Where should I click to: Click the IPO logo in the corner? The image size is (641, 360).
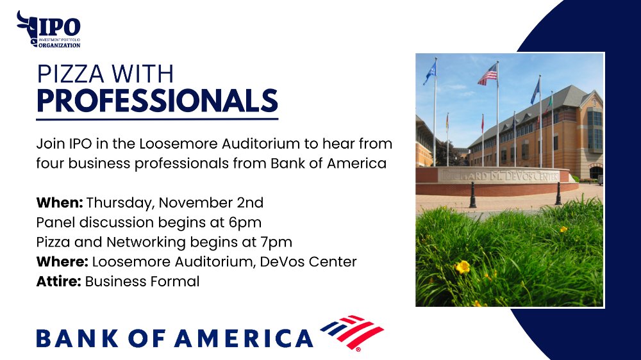click(48, 29)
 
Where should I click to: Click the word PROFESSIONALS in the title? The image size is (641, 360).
click(158, 101)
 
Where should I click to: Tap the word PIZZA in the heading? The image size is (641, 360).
click(71, 74)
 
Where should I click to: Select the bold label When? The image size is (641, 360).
click(59, 202)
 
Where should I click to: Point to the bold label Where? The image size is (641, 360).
click(62, 261)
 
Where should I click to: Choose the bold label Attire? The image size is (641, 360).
click(58, 281)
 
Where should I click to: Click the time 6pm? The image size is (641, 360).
click(245, 223)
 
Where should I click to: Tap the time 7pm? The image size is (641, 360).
click(276, 243)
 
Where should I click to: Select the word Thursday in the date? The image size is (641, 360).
click(120, 203)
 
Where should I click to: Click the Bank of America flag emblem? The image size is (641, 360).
click(352, 332)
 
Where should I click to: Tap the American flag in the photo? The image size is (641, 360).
click(488, 76)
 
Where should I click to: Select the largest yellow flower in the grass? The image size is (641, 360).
click(463, 267)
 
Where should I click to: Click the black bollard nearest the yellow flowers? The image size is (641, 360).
click(472, 195)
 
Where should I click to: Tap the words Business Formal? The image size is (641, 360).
click(142, 282)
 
